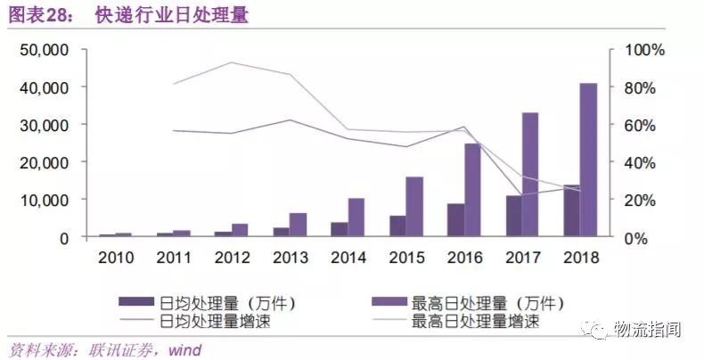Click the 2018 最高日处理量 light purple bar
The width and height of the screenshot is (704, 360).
(588, 160)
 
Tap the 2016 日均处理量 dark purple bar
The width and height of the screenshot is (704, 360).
(454, 221)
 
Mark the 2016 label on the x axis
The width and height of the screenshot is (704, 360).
(463, 258)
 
